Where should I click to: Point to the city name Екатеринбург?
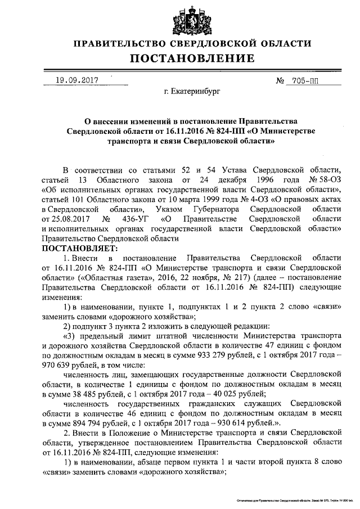pyautogui.click(x=189, y=91)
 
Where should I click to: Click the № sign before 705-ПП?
pyautogui.click(x=280, y=81)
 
